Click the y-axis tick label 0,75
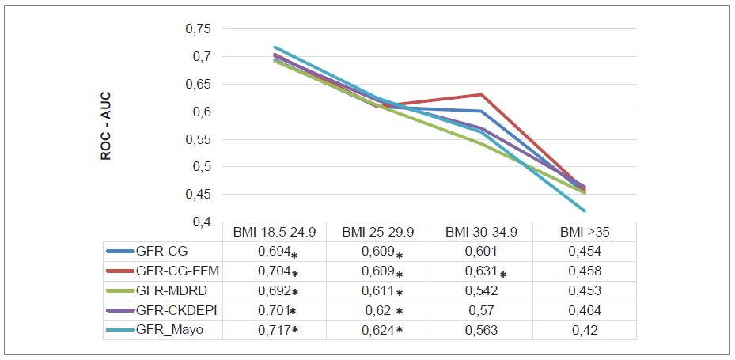pos(198,29)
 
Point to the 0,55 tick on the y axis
pos(198,140)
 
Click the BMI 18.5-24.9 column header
pos(274,233)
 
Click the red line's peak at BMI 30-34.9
pos(481,95)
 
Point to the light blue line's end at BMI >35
pos(584,210)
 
